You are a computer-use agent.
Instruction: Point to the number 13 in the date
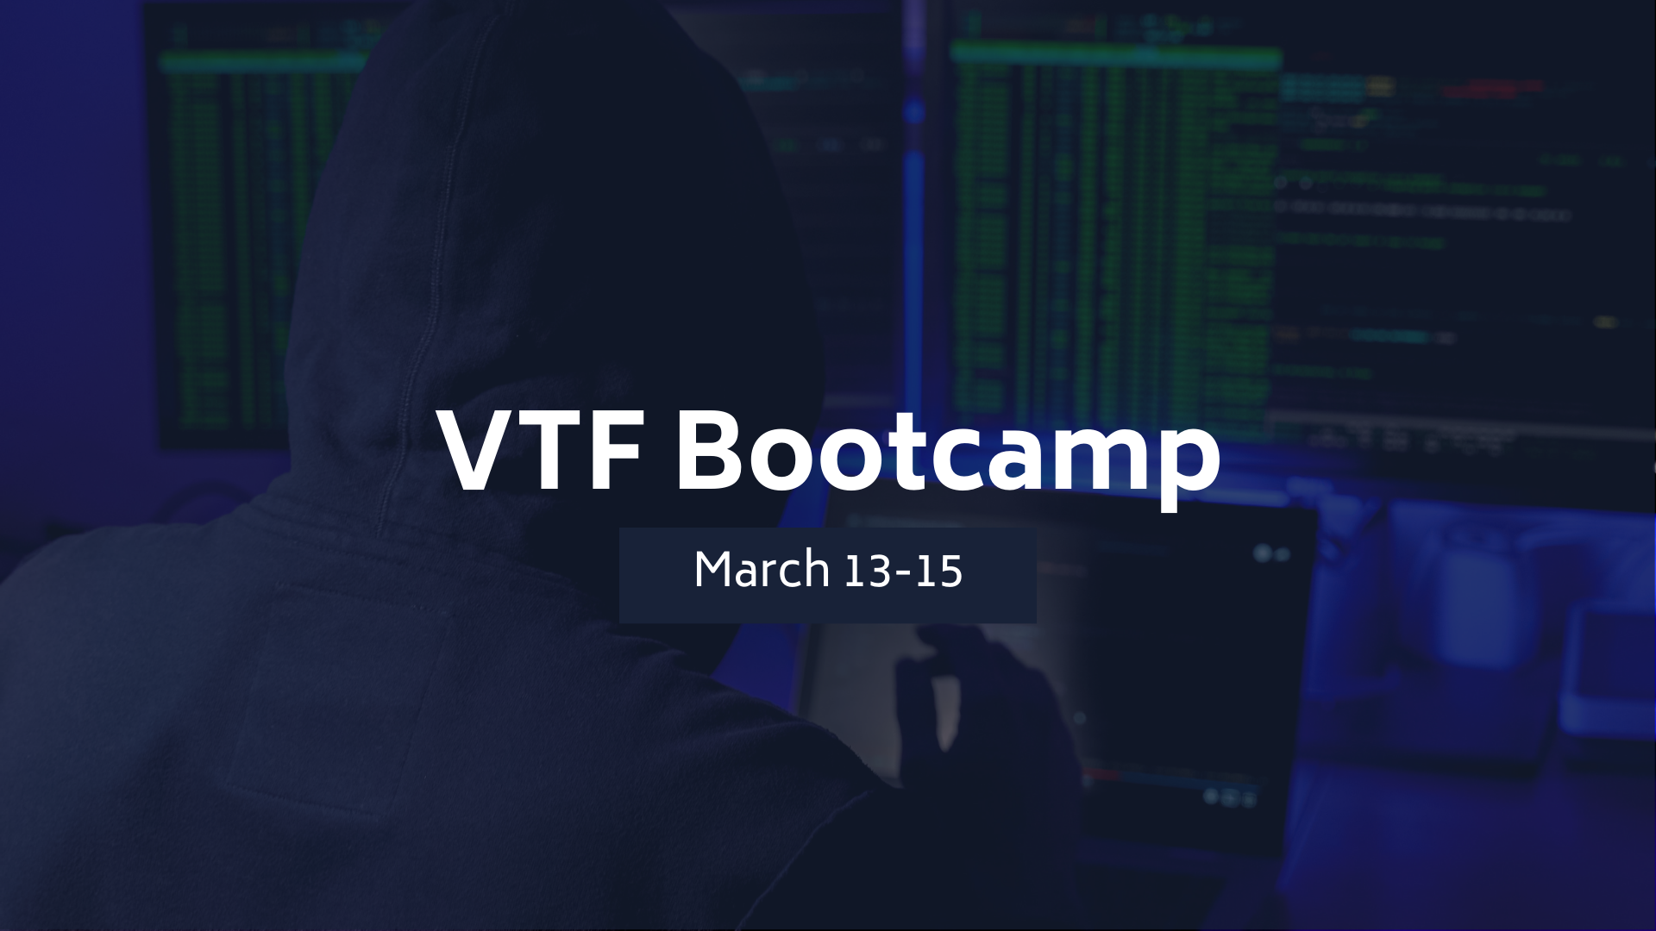tap(868, 571)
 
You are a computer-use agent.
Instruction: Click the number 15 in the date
tap(939, 571)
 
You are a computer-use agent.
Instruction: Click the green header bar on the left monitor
tap(263, 61)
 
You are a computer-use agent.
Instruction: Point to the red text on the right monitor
tap(1492, 88)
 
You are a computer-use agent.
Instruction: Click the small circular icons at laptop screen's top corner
tap(1271, 553)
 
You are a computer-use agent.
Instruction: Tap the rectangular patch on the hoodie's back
tap(336, 698)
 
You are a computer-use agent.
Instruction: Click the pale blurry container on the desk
tap(1479, 603)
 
